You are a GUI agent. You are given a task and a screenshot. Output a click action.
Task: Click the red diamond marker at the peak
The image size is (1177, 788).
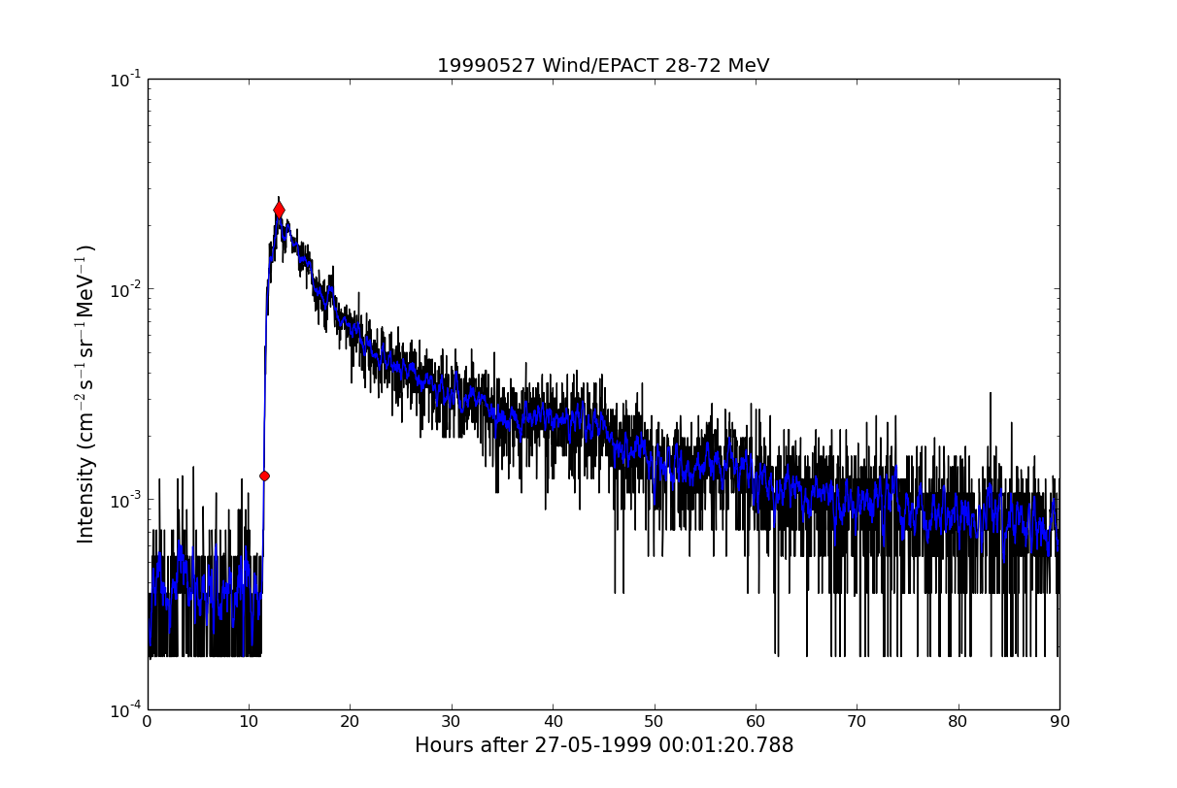(x=279, y=210)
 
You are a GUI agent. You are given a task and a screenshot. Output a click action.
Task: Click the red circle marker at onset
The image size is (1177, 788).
(x=264, y=476)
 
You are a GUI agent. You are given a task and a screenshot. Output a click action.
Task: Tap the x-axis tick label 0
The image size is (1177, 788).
(x=148, y=722)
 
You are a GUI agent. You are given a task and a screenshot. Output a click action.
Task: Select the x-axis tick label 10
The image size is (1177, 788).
(x=249, y=722)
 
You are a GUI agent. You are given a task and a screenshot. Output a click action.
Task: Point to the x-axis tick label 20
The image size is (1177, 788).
(x=350, y=722)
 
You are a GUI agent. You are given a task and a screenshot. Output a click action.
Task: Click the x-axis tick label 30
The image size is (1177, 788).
(x=452, y=722)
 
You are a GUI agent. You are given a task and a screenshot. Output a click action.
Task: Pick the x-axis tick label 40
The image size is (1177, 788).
(x=553, y=722)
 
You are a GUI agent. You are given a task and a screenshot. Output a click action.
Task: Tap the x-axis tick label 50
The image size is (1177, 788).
(x=654, y=722)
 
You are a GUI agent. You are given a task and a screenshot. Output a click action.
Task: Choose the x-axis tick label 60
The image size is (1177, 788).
(x=756, y=722)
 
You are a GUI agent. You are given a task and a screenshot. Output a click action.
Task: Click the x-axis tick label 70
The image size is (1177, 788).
(x=857, y=722)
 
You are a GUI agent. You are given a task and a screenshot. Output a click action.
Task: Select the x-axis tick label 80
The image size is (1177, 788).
(x=958, y=722)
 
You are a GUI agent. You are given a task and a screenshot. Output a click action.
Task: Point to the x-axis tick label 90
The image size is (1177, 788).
(x=1059, y=722)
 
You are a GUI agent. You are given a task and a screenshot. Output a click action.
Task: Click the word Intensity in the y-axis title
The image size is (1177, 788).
(x=86, y=500)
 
